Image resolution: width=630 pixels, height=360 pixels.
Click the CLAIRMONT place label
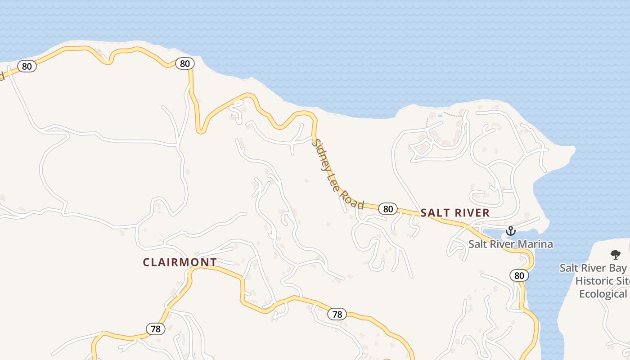pos(180,262)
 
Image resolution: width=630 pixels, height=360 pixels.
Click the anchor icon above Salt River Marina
pos(510,231)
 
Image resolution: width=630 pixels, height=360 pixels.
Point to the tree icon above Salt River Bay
pos(615,255)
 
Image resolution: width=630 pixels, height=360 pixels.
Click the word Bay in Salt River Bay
pos(616,268)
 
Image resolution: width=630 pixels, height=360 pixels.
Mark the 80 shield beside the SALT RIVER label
pos(388,209)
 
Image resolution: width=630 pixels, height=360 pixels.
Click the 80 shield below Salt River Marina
pos(519,275)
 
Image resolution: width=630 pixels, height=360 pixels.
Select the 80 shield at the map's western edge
pos(27,66)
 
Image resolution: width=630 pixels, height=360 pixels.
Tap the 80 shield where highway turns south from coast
pos(184,63)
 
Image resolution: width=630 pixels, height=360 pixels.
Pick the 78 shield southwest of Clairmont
pos(155,329)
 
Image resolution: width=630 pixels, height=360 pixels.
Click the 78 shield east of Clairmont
pos(337,314)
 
